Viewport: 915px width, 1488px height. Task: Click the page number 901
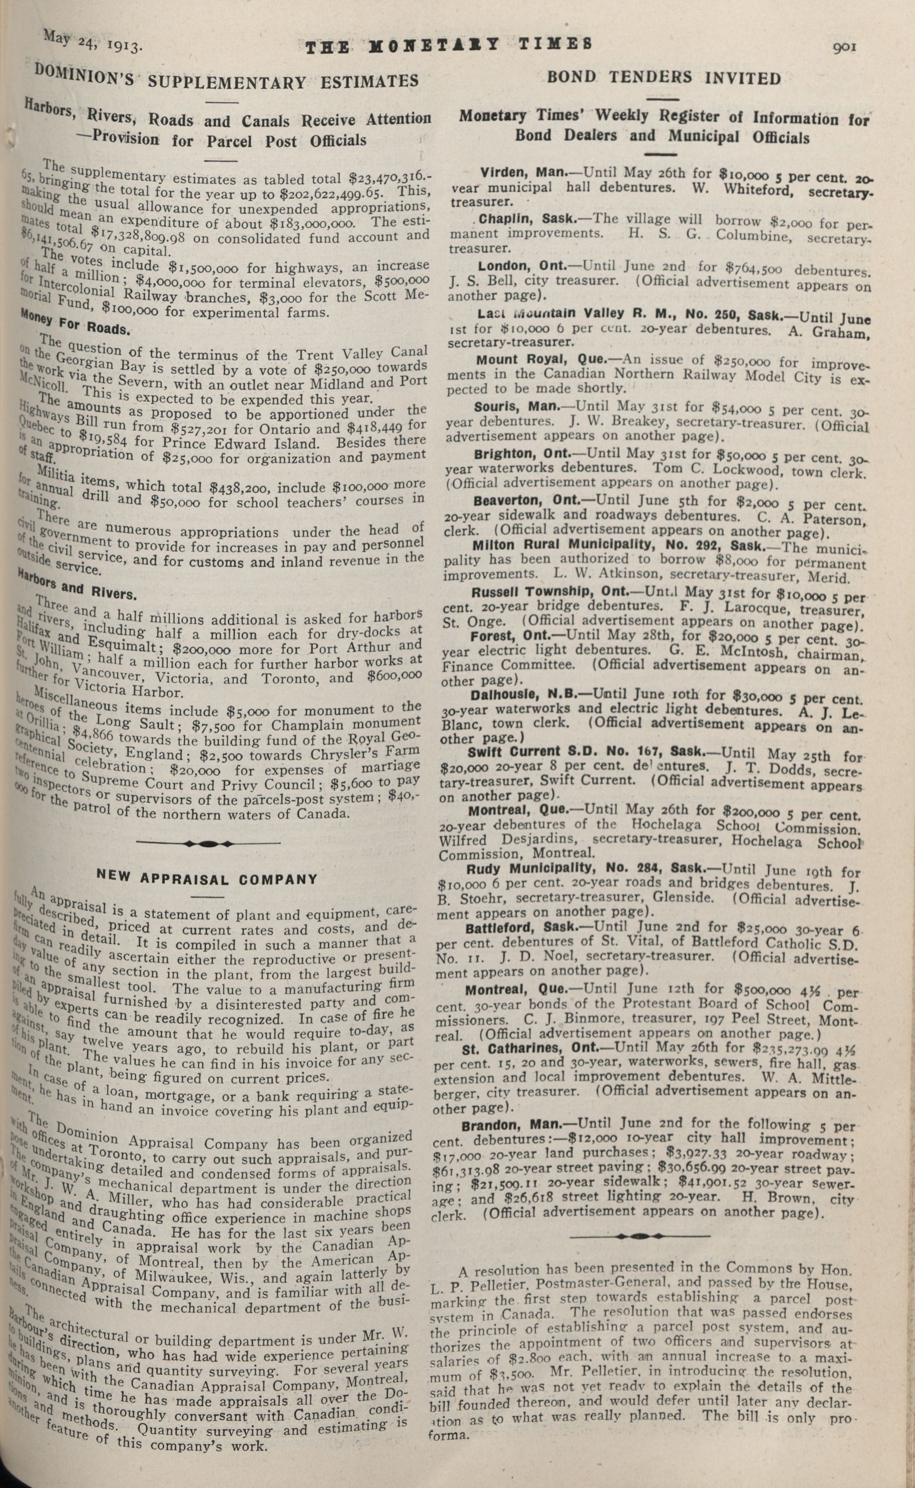[x=844, y=47]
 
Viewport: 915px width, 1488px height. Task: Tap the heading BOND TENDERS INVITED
[x=664, y=77]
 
